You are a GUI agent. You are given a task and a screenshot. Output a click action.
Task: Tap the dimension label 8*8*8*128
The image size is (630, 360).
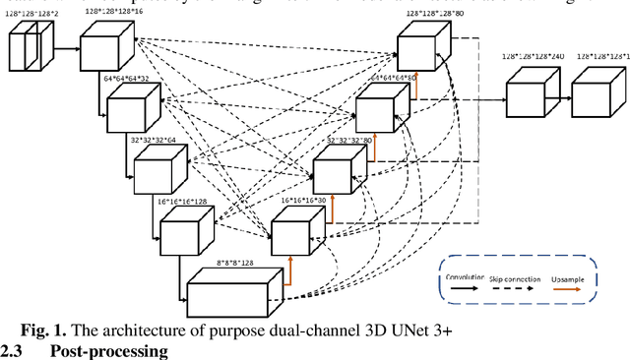point(234,263)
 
